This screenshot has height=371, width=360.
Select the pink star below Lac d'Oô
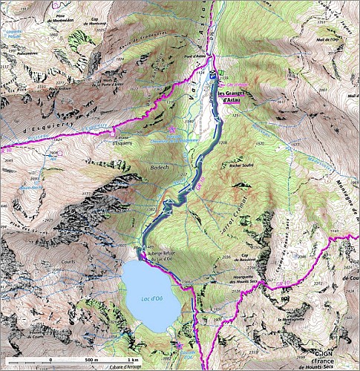178,344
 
